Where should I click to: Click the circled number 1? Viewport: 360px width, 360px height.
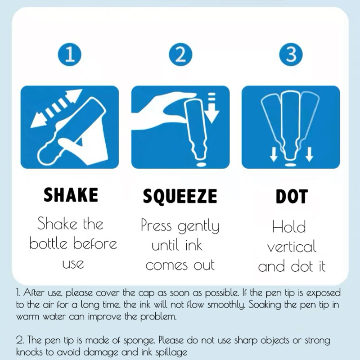(70, 54)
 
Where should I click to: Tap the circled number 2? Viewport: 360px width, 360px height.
(180, 54)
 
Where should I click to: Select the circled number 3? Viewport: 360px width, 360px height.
(291, 54)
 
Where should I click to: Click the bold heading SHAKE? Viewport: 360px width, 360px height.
(71, 194)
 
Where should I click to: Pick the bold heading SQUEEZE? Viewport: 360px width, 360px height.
(180, 196)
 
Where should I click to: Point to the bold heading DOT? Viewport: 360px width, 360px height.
(292, 197)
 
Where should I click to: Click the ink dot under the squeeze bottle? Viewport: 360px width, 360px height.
(201, 164)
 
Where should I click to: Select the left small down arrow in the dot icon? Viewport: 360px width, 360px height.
(273, 154)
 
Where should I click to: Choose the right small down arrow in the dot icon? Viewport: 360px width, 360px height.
(309, 154)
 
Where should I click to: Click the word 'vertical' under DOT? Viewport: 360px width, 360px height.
(292, 247)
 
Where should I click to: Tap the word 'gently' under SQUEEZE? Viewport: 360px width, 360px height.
(198, 226)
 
